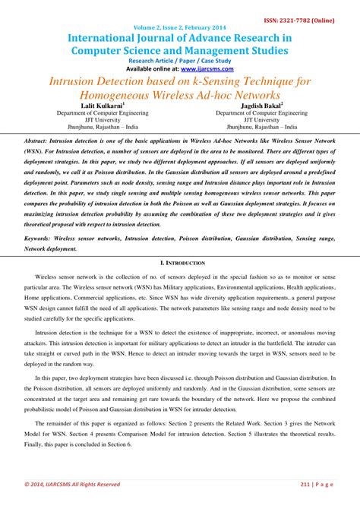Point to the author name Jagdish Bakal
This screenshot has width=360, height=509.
click(254, 105)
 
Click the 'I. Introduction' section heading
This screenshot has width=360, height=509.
click(179, 261)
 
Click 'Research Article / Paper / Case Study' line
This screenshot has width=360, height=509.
click(179, 60)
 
